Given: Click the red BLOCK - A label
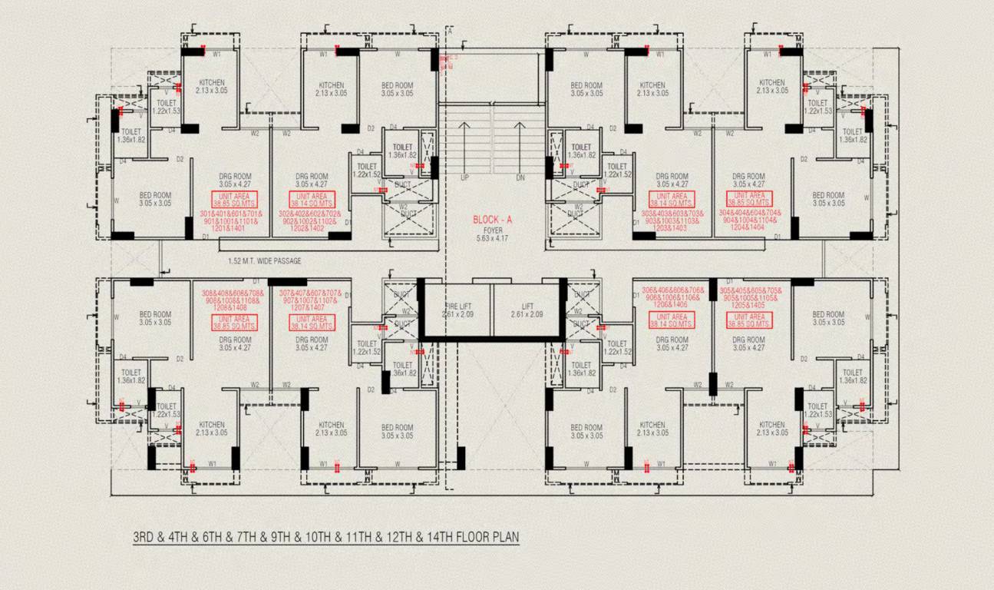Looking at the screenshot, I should click(492, 219).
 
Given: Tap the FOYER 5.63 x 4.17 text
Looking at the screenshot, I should click(492, 234).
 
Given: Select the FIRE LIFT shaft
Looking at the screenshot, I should click(457, 310).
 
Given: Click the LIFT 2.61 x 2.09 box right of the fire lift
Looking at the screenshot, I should click(527, 310).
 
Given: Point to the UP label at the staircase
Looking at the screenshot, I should click(464, 177).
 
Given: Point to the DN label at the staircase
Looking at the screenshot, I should click(520, 177).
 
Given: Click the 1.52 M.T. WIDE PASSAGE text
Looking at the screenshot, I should click(264, 261).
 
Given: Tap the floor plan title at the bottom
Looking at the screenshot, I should click(326, 536).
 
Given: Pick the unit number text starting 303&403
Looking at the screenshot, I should click(672, 221).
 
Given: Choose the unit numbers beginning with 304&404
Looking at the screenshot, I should click(749, 220).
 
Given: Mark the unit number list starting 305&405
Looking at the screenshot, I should click(749, 298).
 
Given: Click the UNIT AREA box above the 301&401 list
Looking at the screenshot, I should click(234, 200).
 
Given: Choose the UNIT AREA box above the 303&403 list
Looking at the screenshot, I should click(672, 200).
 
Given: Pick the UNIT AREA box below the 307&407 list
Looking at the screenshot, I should click(312, 323).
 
